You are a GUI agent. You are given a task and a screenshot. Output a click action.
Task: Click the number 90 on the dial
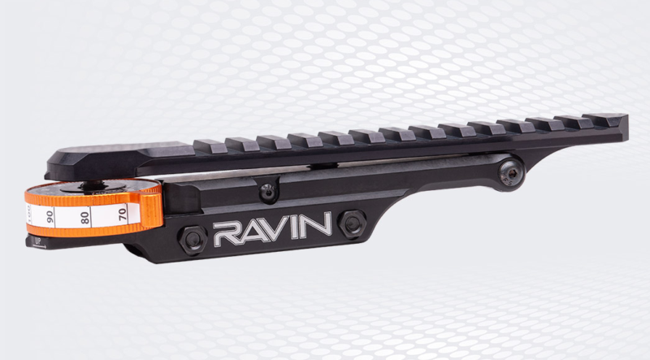50,217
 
